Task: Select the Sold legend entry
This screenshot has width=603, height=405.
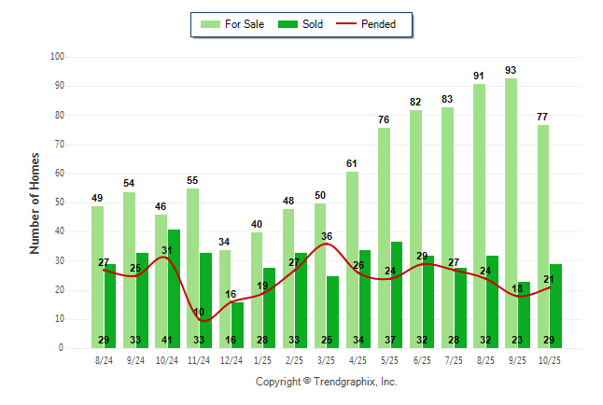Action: coord(301,24)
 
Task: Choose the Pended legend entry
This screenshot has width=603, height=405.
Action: coord(376,24)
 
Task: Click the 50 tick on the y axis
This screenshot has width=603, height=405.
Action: coord(58,202)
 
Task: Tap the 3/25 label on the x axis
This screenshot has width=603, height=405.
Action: coord(327,359)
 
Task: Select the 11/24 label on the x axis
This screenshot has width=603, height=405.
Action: coord(199,359)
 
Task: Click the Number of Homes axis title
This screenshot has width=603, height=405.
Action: coord(35,202)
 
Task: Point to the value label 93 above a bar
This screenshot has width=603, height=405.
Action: coord(511,70)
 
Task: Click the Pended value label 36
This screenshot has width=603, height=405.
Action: coord(327,236)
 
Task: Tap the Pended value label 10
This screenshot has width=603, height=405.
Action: coord(199,312)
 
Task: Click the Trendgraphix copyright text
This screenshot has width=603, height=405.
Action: coord(327,382)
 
